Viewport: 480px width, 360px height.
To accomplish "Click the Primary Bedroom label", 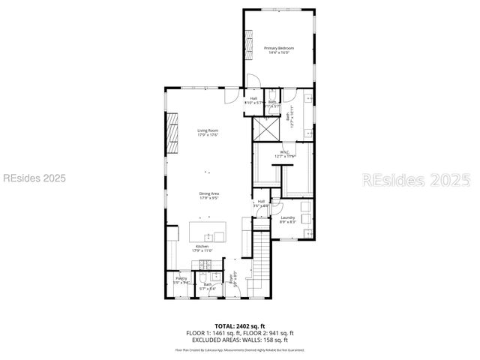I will coord(278,49).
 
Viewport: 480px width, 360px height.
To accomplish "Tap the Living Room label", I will coord(208,133).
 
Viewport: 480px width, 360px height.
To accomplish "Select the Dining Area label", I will coord(209,196).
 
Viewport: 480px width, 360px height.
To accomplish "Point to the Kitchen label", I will coord(202,248).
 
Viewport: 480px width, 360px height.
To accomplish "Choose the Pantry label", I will coord(181,280).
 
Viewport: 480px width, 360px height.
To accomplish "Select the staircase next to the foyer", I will coord(259,262).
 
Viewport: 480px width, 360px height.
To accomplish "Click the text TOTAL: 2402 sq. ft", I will coord(241,326).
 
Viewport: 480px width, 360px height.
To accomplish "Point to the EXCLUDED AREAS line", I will coord(241,340).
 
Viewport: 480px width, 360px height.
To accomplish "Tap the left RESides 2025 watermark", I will coord(34,178).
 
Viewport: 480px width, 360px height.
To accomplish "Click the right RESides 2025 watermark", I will coord(416,180).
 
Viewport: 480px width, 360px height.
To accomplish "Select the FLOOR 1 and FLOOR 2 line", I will coord(241,333).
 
